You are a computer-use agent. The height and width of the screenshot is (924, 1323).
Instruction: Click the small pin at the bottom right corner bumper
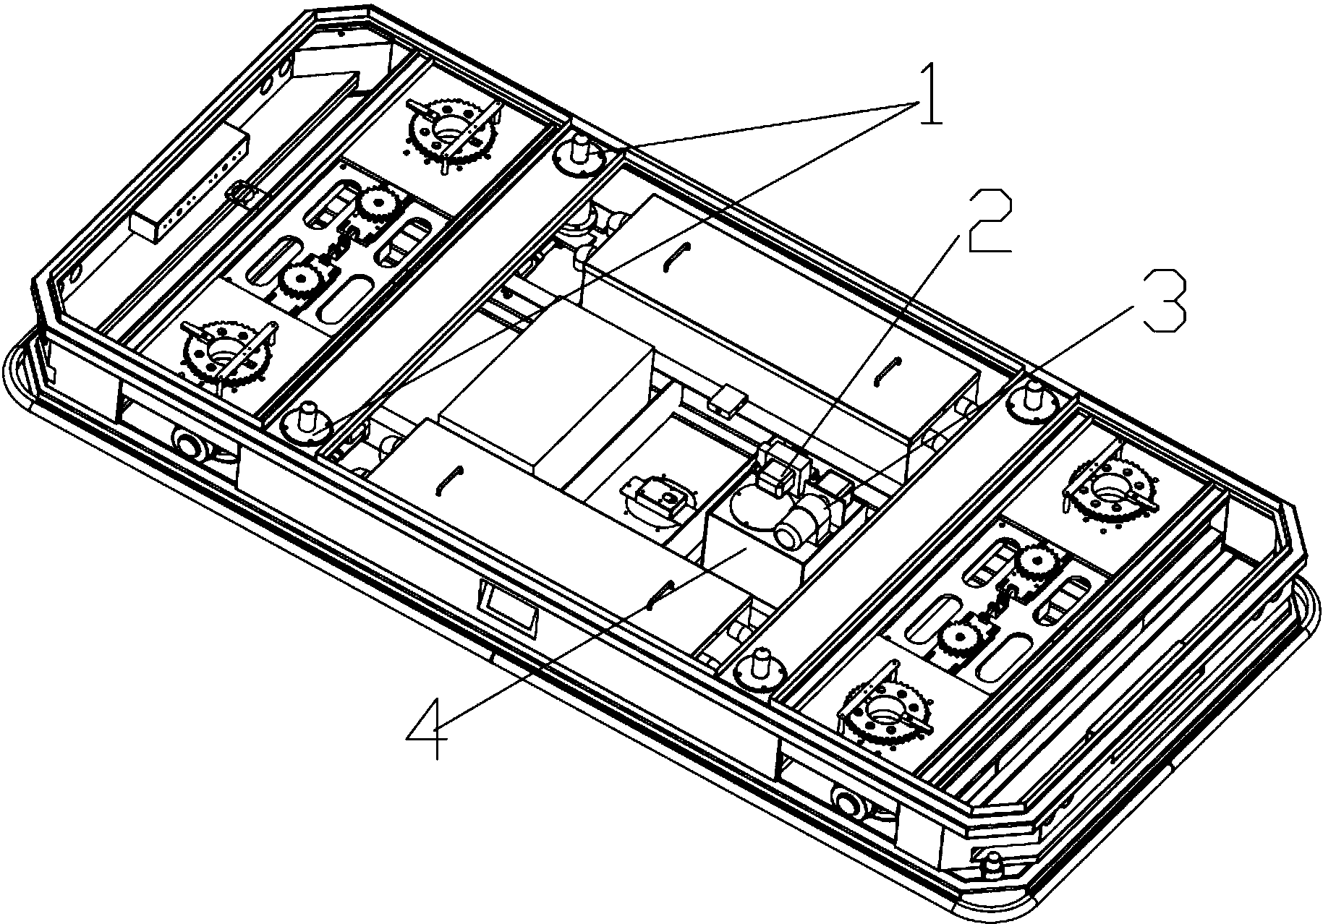tap(993, 861)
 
